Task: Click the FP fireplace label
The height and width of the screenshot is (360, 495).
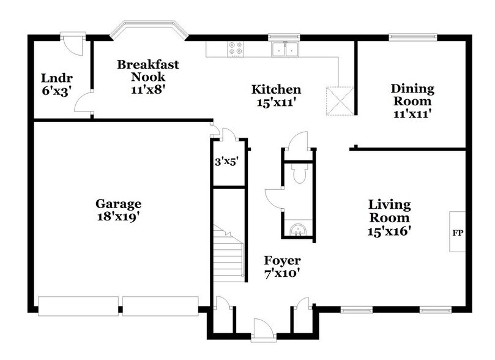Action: pyautogui.click(x=456, y=233)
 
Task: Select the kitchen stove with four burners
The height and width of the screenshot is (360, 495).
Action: pyautogui.click(x=236, y=48)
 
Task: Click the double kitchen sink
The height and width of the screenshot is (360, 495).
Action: pyautogui.click(x=285, y=49)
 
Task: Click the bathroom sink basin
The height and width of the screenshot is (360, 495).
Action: pyautogui.click(x=298, y=230)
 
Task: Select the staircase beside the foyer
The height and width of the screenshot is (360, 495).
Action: pyautogui.click(x=229, y=251)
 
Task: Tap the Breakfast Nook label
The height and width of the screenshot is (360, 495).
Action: pyautogui.click(x=148, y=71)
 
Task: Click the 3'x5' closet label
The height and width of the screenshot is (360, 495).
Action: pyautogui.click(x=226, y=163)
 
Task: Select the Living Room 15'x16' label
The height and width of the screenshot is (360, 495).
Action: pyautogui.click(x=389, y=217)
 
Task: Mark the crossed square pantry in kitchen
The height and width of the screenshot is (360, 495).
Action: pyautogui.click(x=340, y=100)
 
